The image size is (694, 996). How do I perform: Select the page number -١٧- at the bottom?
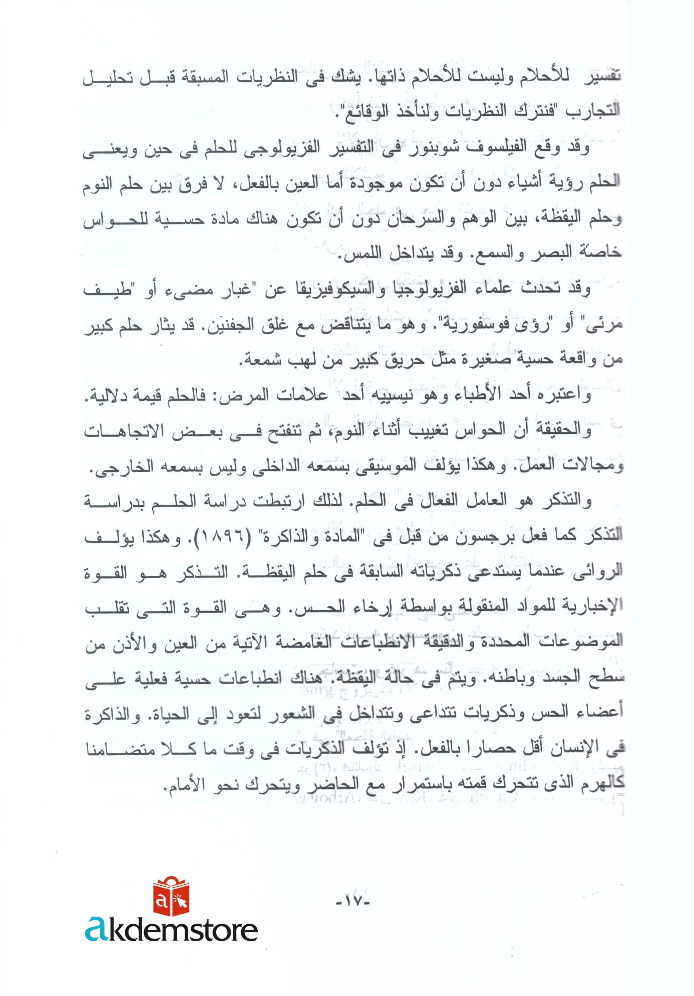point(353,901)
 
